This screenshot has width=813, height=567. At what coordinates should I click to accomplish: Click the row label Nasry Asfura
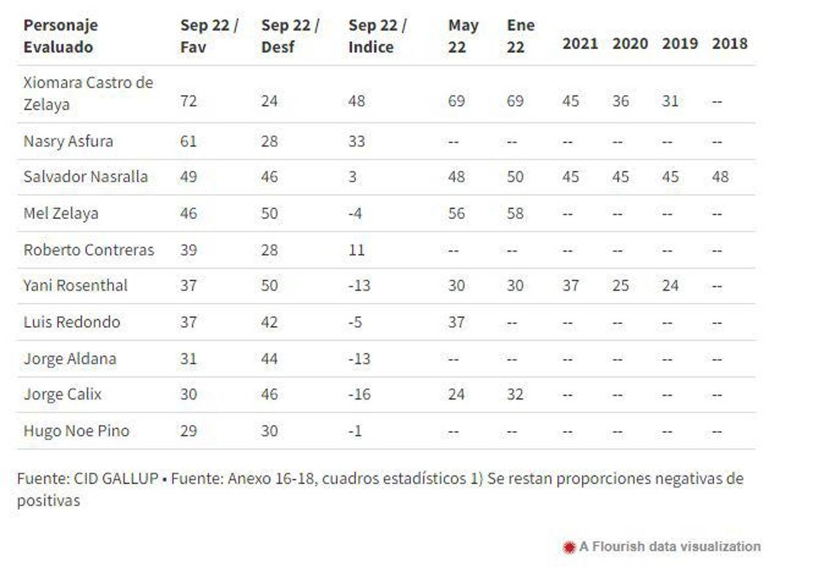[x=68, y=141]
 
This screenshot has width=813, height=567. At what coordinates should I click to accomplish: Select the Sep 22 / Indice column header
[x=377, y=37]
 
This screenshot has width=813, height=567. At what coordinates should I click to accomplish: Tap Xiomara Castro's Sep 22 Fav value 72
[x=189, y=102]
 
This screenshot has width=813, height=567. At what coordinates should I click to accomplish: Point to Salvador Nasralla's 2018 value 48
[x=720, y=177]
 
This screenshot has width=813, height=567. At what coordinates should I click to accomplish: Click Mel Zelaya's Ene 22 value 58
[x=515, y=214]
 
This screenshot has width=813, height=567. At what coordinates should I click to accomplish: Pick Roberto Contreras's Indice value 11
[x=356, y=250]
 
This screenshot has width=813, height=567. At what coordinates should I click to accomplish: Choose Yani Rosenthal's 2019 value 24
[x=670, y=286]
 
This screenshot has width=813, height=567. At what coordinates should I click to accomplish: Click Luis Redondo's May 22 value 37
[x=456, y=323]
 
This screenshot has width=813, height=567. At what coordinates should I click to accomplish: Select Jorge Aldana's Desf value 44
[x=269, y=359]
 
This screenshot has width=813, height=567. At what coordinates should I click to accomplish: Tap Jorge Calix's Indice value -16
[x=359, y=395]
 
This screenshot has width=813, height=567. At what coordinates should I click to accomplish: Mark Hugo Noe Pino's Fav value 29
[x=189, y=431]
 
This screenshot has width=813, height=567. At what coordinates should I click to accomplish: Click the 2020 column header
[x=630, y=44]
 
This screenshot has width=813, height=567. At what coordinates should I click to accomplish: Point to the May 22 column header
[x=463, y=37]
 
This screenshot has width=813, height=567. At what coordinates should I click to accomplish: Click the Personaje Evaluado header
[x=60, y=37]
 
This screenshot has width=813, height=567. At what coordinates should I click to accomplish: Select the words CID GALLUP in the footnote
[x=116, y=479]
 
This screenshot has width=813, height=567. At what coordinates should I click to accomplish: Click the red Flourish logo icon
[x=569, y=547]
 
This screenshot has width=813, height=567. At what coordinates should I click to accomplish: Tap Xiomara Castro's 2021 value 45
[x=571, y=102]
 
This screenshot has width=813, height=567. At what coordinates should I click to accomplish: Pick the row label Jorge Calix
[x=63, y=395]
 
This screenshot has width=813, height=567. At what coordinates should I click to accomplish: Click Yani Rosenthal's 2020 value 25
[x=620, y=286]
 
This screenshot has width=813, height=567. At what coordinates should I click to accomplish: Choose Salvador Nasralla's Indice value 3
[x=353, y=177]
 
